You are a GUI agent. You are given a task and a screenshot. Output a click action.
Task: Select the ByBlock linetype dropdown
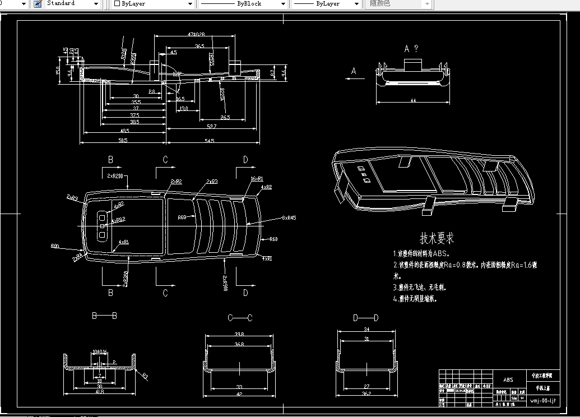click(x=243, y=4)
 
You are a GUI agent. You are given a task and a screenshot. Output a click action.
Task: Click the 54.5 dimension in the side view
click(x=210, y=140)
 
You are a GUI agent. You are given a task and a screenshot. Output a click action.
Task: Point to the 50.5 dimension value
click(x=122, y=140)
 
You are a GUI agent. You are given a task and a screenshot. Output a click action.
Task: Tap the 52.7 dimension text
click(x=210, y=127)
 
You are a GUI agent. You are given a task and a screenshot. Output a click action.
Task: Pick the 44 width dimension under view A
click(x=413, y=100)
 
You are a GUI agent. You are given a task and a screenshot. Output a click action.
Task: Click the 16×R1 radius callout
click(x=257, y=178)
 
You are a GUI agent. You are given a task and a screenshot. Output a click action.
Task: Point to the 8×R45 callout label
click(x=289, y=218)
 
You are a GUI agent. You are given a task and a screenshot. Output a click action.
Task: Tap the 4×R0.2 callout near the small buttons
click(x=118, y=220)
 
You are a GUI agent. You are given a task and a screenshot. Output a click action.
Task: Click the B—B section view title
click(x=104, y=316)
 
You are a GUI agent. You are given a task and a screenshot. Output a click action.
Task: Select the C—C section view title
click(x=240, y=318)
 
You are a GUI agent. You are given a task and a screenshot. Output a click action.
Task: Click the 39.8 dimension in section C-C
click(x=239, y=335)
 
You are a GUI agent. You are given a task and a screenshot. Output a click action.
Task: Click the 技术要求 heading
click(x=437, y=238)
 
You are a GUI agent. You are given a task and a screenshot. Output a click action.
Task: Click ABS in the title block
click(x=508, y=379)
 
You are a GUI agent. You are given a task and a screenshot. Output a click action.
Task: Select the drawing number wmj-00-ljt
click(x=543, y=400)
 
